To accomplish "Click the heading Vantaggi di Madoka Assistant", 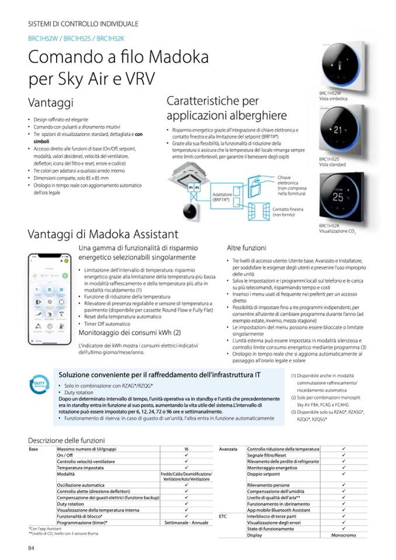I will tap(103, 234).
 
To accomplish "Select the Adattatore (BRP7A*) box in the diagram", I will tap(223, 197).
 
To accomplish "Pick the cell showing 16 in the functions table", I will tap(186, 449).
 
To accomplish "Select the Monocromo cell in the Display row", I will tap(344, 535).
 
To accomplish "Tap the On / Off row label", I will tap(65, 455).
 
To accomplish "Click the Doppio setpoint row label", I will tap(263, 474).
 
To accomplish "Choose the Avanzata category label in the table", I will tap(228, 449).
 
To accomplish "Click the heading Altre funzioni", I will tap(246, 248).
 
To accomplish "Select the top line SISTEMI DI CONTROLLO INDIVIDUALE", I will tap(84, 24).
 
